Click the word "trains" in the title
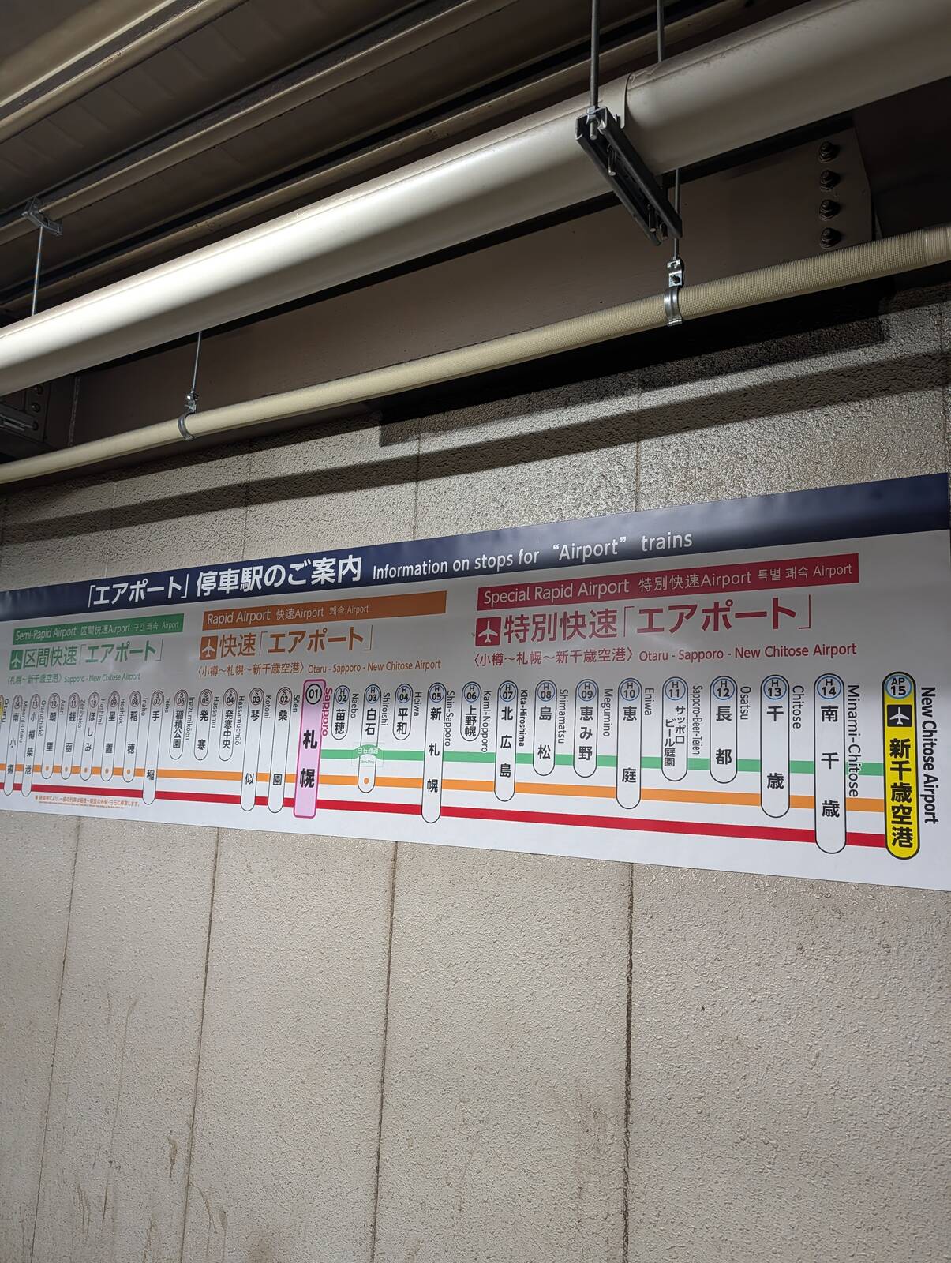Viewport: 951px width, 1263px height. (x=666, y=542)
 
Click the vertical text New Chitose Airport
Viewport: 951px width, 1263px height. (x=928, y=754)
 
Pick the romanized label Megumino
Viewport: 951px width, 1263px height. (x=608, y=713)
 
